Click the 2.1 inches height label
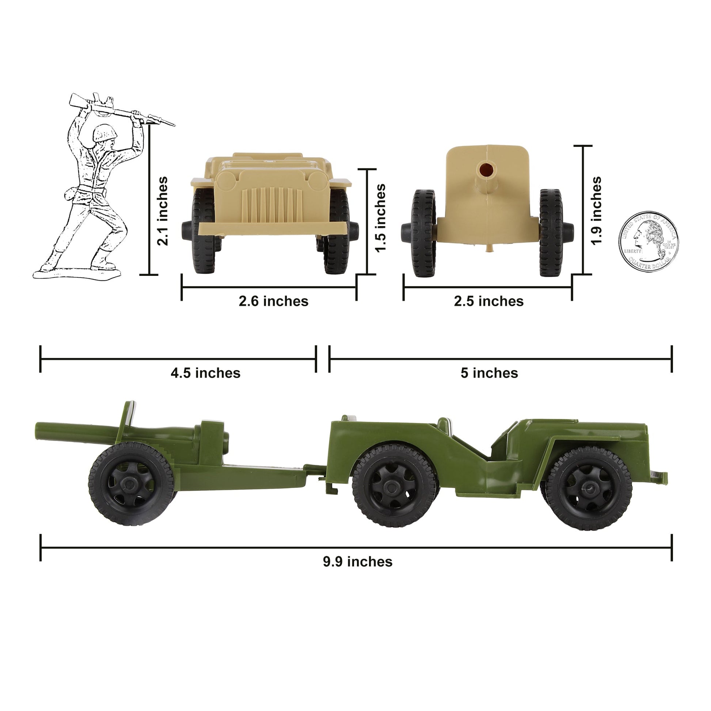162,211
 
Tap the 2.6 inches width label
273,301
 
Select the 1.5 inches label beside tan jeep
380,218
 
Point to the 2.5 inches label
488,301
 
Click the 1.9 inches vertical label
596,210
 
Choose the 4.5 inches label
205,373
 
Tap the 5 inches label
489,373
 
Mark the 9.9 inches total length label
358,572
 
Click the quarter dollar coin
649,242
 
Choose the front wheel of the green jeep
589,488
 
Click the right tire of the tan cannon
551,233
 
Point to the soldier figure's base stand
77,274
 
